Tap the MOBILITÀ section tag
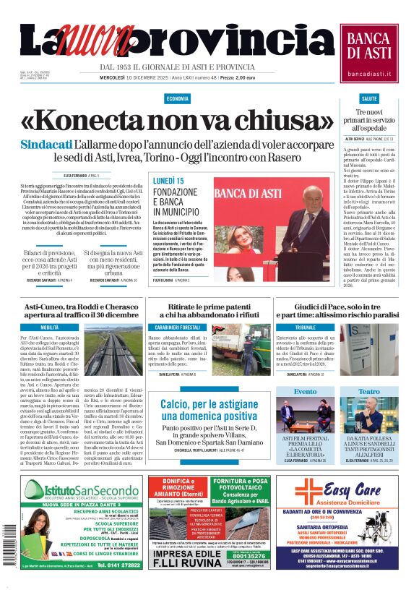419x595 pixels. point(50,328)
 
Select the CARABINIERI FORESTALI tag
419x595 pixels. point(181,328)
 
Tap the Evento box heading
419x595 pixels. point(305,391)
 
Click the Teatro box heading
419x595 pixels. point(368,391)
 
